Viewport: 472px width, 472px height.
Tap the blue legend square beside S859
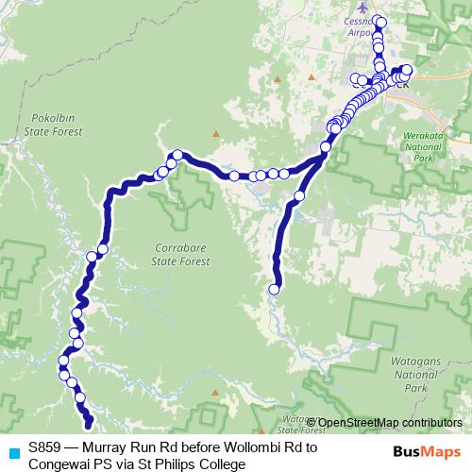coord(12,448)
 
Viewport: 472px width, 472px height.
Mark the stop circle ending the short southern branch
coord(276,290)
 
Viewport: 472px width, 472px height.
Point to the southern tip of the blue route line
coord(90,427)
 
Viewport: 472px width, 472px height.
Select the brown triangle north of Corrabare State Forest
coord(215,133)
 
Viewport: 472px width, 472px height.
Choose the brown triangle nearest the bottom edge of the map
coord(217,390)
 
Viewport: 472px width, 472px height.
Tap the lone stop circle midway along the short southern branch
coord(299,196)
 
